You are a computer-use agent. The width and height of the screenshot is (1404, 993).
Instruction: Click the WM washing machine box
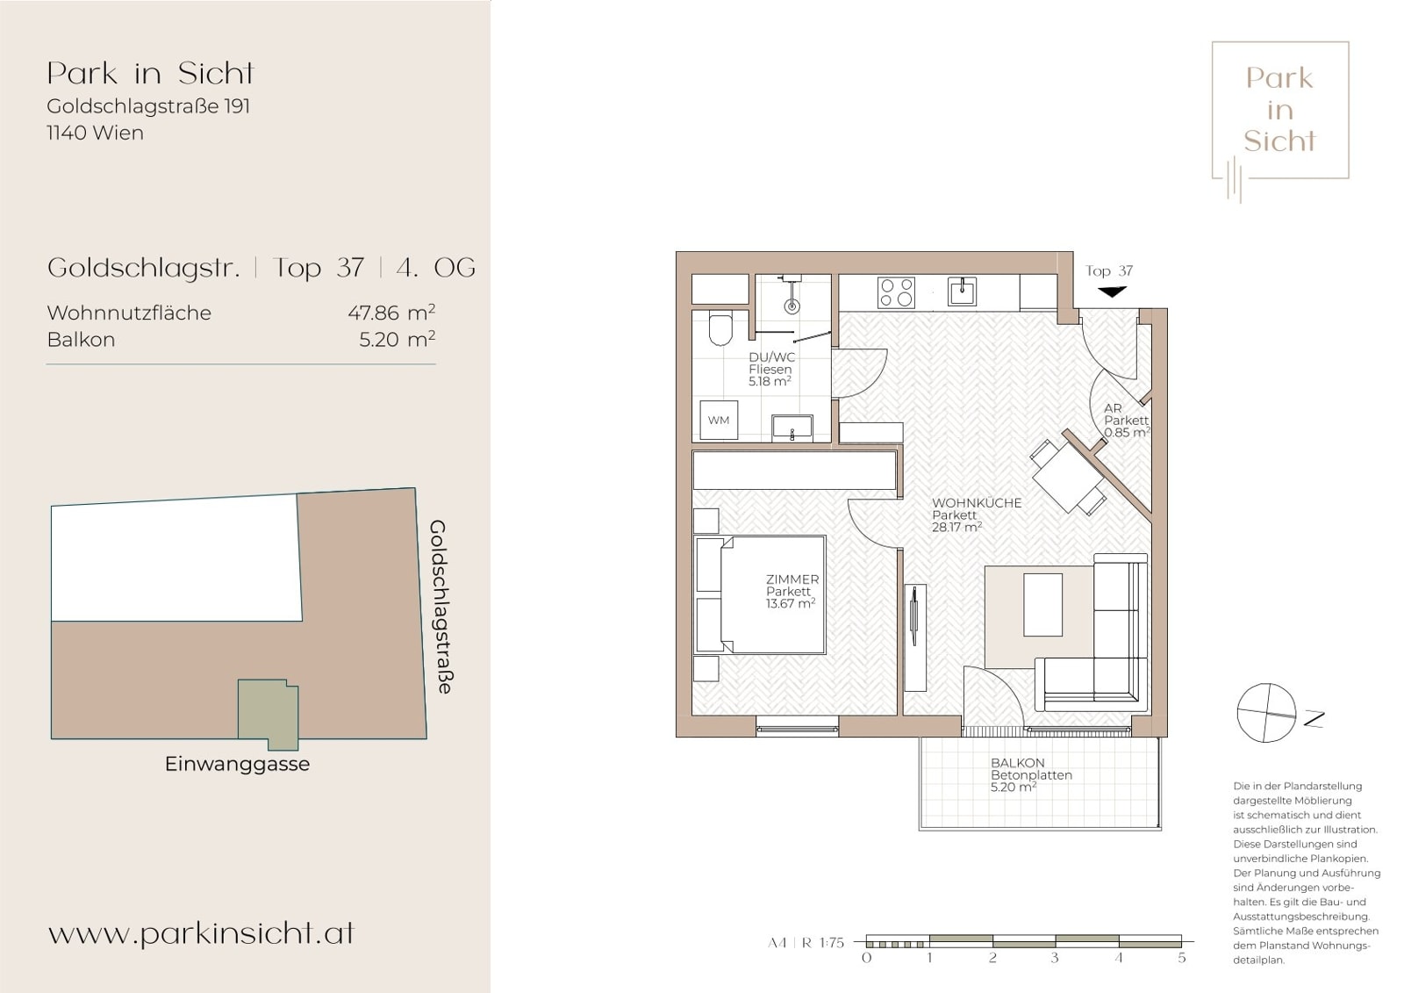tap(719, 420)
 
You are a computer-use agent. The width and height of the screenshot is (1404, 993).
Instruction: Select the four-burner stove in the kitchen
tap(896, 292)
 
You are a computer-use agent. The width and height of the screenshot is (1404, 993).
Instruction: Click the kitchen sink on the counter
tap(962, 291)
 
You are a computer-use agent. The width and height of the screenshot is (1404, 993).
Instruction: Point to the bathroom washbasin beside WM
tap(792, 428)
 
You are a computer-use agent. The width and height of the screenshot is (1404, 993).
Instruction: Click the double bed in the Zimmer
tap(760, 594)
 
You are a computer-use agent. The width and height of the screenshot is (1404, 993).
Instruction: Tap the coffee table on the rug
tap(1043, 605)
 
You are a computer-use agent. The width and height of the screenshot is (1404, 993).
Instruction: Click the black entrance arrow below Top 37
tap(1112, 291)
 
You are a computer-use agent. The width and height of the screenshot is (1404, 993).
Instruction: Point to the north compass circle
tap(1266, 713)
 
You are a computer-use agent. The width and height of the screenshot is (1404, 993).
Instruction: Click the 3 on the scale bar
tap(1055, 958)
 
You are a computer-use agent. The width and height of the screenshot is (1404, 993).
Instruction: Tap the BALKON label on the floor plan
tap(1018, 763)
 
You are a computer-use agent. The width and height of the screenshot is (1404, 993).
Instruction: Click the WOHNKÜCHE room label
tap(977, 502)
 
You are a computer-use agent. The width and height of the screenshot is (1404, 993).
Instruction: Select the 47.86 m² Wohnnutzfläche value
tap(391, 312)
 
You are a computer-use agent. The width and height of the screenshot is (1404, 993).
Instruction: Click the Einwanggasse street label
tap(237, 764)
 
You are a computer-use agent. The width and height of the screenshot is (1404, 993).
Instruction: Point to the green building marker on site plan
tap(269, 714)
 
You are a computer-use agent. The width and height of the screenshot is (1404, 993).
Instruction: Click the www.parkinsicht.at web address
tap(201, 933)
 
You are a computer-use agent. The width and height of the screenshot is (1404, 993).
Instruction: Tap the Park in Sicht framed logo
tap(1280, 111)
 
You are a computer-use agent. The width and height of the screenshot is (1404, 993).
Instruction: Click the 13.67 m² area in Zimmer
tap(791, 603)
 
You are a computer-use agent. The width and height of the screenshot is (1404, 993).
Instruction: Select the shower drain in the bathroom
tap(792, 306)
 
